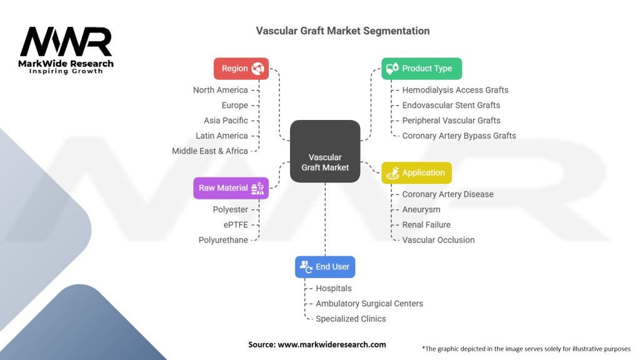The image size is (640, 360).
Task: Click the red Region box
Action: [241, 69]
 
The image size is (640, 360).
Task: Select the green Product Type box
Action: [421, 69]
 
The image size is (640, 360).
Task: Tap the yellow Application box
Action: [416, 173]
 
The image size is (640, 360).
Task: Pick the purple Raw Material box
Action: [231, 188]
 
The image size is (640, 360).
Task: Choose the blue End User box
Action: [325, 267]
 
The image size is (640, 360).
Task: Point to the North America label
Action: [220, 90]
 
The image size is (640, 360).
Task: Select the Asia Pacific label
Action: [226, 121]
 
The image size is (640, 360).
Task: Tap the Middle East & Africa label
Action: [209, 151]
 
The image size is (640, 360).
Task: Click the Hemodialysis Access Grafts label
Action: [455, 90]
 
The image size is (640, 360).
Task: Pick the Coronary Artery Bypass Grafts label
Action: [459, 136]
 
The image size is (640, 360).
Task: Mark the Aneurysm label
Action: [421, 209]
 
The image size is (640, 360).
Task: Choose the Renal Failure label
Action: [426, 224]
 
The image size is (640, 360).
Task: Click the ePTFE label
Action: [236, 224]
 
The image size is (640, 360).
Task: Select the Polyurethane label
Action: [223, 240]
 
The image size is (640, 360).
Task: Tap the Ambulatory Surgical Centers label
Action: [369, 304]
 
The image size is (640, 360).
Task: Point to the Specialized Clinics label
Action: [351, 319]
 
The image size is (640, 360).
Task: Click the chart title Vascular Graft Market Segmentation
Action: [342, 31]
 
